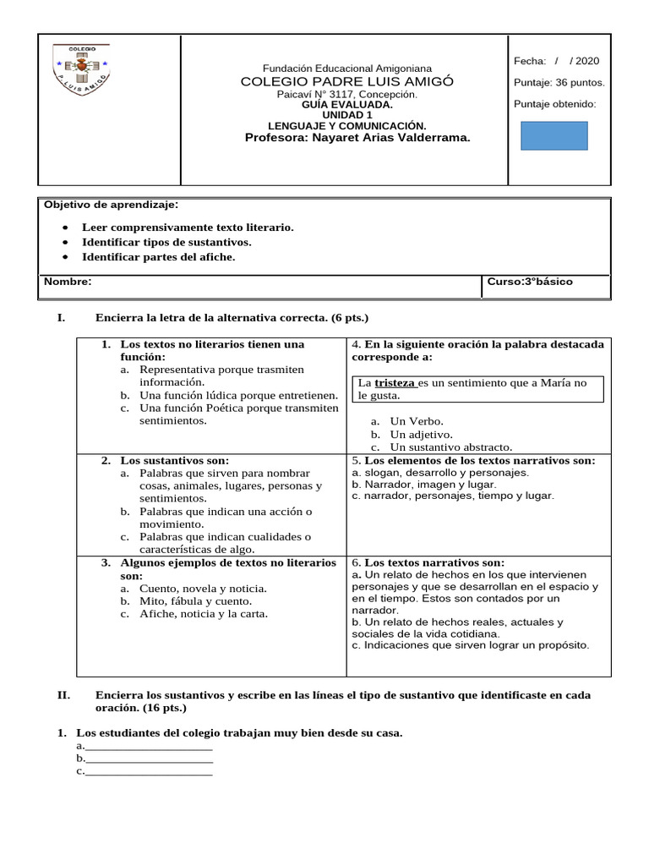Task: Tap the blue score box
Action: tap(554, 136)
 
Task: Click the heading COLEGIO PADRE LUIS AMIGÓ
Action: tap(347, 81)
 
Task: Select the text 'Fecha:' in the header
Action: tap(530, 62)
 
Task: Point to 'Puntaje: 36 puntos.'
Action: tap(559, 83)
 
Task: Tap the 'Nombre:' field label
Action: tap(68, 282)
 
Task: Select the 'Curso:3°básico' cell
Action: tap(530, 282)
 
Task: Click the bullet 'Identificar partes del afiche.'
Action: tap(158, 257)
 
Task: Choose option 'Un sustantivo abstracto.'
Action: tap(450, 447)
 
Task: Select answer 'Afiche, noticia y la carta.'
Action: tap(203, 614)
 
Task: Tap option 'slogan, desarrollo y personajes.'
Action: tap(445, 473)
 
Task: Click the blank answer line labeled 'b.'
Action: tap(148, 759)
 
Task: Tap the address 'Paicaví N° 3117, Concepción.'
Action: tap(347, 94)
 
